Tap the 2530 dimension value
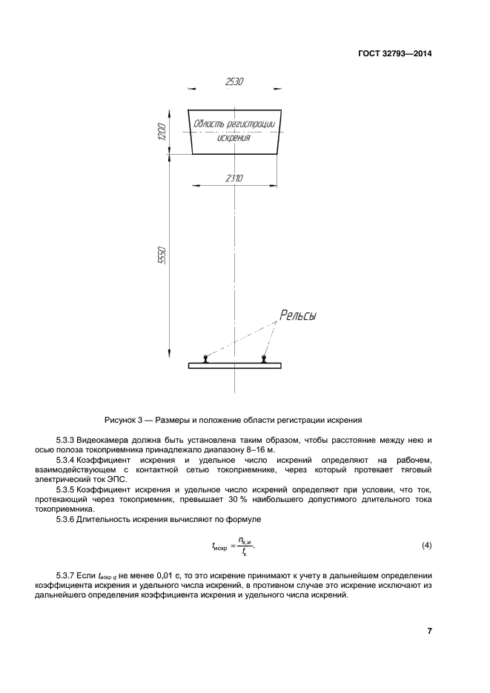(x=234, y=81)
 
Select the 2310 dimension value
(x=235, y=178)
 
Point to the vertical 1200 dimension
(x=162, y=134)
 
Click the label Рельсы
(x=297, y=316)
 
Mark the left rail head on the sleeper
(x=206, y=358)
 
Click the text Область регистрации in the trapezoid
(x=234, y=124)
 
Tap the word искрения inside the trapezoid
(x=234, y=138)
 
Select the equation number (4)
(x=426, y=546)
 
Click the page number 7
(x=429, y=631)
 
